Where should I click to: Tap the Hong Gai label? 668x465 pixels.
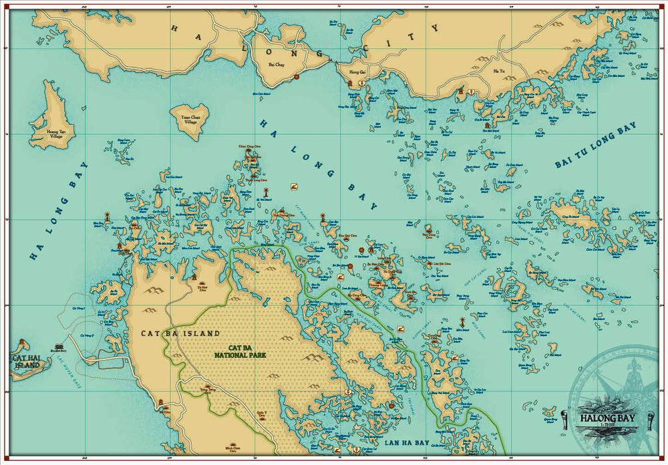351,70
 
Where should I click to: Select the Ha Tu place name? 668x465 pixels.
499,71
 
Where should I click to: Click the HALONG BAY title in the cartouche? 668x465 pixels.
602,419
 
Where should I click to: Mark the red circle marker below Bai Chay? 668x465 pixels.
296,77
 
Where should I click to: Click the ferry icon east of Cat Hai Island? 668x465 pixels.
60,347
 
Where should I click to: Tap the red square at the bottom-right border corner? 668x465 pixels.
664,461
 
